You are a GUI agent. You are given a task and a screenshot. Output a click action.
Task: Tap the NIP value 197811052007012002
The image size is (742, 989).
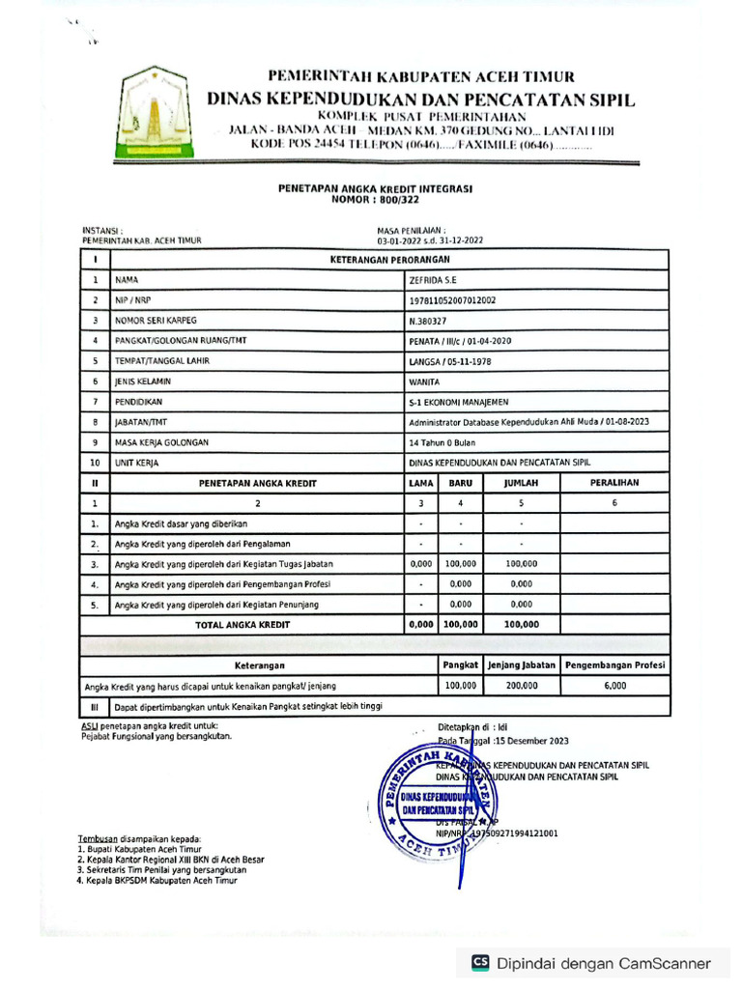(453, 300)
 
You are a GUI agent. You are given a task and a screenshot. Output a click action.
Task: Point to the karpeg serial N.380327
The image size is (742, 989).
(428, 321)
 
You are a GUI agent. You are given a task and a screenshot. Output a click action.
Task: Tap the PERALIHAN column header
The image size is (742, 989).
(614, 482)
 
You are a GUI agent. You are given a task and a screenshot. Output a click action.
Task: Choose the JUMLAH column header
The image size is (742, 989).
(522, 482)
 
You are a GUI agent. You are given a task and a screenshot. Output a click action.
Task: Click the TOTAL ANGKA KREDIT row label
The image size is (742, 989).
(243, 625)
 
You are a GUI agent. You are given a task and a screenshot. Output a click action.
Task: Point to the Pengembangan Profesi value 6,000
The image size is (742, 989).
(614, 686)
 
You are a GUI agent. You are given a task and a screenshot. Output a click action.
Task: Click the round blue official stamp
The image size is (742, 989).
(437, 800)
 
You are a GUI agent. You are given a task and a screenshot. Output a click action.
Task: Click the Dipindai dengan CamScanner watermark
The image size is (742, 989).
(591, 963)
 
